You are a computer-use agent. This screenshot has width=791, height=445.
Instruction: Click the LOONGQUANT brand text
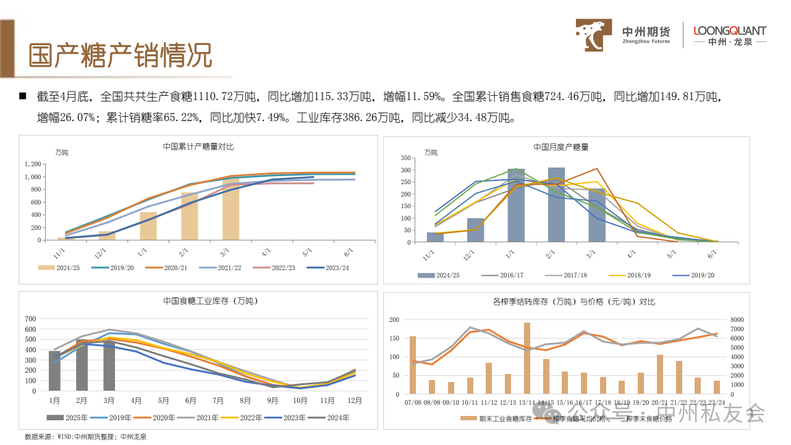(730, 31)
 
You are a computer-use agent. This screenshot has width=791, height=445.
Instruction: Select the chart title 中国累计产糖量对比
(198, 146)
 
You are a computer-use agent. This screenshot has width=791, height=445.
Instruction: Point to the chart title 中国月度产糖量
(561, 147)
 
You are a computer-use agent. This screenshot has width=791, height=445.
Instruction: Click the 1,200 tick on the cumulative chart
(33, 164)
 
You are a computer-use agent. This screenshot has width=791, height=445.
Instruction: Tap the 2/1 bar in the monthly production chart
(556, 205)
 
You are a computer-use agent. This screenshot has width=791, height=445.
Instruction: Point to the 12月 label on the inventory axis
(353, 400)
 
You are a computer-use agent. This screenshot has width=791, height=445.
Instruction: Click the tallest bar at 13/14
(527, 358)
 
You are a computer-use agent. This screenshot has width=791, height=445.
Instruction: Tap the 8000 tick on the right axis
(738, 320)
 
